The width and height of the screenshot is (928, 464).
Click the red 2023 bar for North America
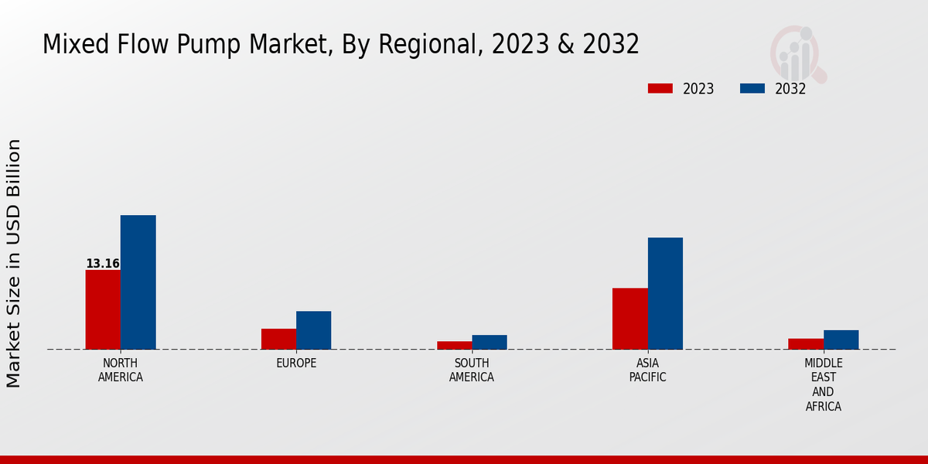coord(103,309)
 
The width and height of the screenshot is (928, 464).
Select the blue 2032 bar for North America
coord(138,282)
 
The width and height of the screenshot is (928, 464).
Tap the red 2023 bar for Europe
coord(278,339)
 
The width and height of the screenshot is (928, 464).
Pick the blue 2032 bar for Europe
coord(313,330)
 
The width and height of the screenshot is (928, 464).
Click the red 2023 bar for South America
coord(454,345)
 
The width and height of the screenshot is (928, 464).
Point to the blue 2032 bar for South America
coord(490,342)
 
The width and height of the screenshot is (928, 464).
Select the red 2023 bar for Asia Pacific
coord(630,319)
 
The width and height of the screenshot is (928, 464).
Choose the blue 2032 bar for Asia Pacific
coord(665,293)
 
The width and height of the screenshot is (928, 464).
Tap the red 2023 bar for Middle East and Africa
coord(806,343)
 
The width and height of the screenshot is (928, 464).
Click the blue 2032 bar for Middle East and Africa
coord(841,339)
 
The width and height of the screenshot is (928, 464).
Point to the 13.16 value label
coord(103,264)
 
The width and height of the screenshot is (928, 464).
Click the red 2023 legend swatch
coord(660,88)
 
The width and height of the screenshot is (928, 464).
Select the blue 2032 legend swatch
coord(752,88)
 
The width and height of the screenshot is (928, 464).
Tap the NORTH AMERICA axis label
coord(121,370)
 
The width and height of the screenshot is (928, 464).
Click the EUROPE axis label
coord(296,363)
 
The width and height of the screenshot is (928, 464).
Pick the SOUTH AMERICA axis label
coord(472,370)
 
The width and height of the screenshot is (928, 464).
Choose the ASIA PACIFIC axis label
coord(648,370)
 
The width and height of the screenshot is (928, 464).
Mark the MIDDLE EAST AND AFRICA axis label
coord(824,384)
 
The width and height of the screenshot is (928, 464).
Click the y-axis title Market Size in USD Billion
coord(14,263)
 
